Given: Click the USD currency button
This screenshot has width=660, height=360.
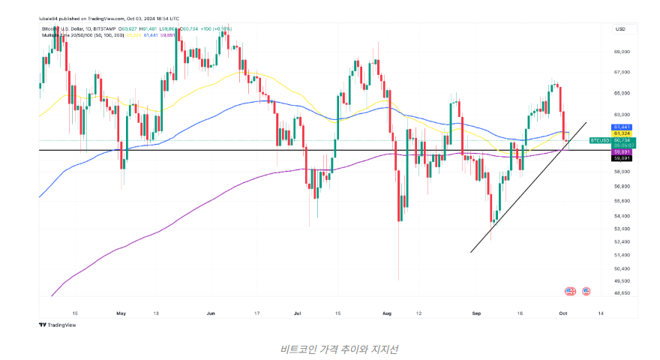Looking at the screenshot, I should pyautogui.click(x=620, y=28).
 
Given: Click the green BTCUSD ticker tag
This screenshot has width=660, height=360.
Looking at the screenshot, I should pyautogui.click(x=600, y=140).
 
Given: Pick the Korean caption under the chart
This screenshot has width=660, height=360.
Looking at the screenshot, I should pyautogui.click(x=329, y=349).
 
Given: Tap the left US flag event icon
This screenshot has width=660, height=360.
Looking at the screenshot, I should pyautogui.click(x=569, y=290).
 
